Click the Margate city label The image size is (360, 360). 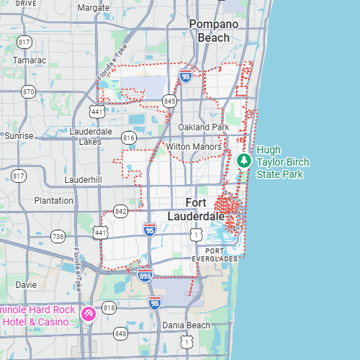(93, 8)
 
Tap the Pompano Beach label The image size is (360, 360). (214, 30)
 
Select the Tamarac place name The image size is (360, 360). (29, 60)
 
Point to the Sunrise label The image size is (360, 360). (19, 135)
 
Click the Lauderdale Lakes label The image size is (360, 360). (90, 137)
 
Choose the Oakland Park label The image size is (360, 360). (204, 127)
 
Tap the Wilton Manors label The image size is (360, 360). (194, 147)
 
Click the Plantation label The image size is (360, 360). (53, 201)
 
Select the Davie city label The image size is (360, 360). (26, 284)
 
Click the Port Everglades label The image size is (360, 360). (215, 254)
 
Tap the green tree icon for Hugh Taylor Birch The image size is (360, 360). (244, 160)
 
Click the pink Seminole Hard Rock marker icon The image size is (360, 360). (89, 315)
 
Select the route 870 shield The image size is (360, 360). (28, 91)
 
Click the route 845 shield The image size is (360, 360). (169, 101)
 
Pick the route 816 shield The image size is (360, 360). (129, 138)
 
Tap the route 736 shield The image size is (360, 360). (58, 236)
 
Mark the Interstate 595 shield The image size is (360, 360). (145, 274)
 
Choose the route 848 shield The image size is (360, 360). (120, 333)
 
